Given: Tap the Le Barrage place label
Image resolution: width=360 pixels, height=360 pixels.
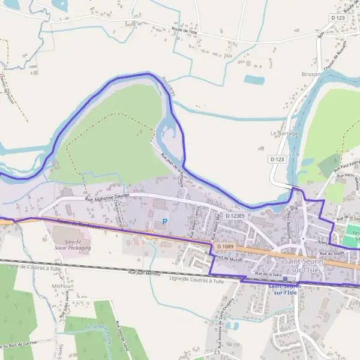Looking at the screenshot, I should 284,133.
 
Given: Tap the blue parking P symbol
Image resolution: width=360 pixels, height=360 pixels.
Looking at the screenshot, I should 165,221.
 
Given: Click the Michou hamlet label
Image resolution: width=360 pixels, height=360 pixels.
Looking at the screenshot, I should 61,286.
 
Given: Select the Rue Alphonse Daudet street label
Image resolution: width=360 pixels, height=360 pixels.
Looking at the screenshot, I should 108,198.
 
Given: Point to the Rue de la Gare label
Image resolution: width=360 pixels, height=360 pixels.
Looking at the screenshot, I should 268,274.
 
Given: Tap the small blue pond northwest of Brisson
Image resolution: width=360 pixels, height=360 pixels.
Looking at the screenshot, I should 254,79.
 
